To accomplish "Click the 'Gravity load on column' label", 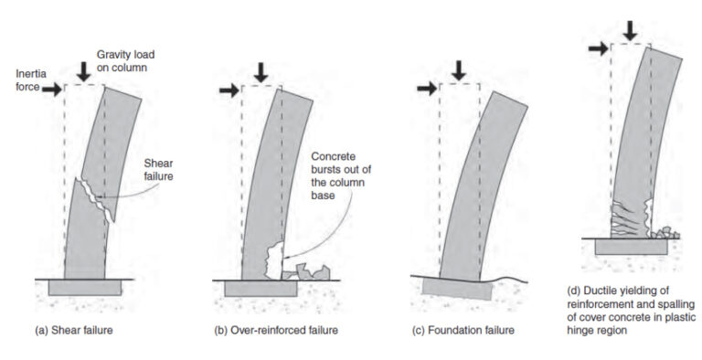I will tap(126, 36).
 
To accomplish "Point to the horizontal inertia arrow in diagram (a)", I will tap(50, 90).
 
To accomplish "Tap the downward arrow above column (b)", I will tap(261, 69).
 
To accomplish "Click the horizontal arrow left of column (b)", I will tap(227, 90).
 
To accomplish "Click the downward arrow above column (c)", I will tap(459, 69).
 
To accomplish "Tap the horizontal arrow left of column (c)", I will tap(425, 89).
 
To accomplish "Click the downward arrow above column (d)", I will tap(629, 27).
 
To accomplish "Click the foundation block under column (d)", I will tap(631, 246).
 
